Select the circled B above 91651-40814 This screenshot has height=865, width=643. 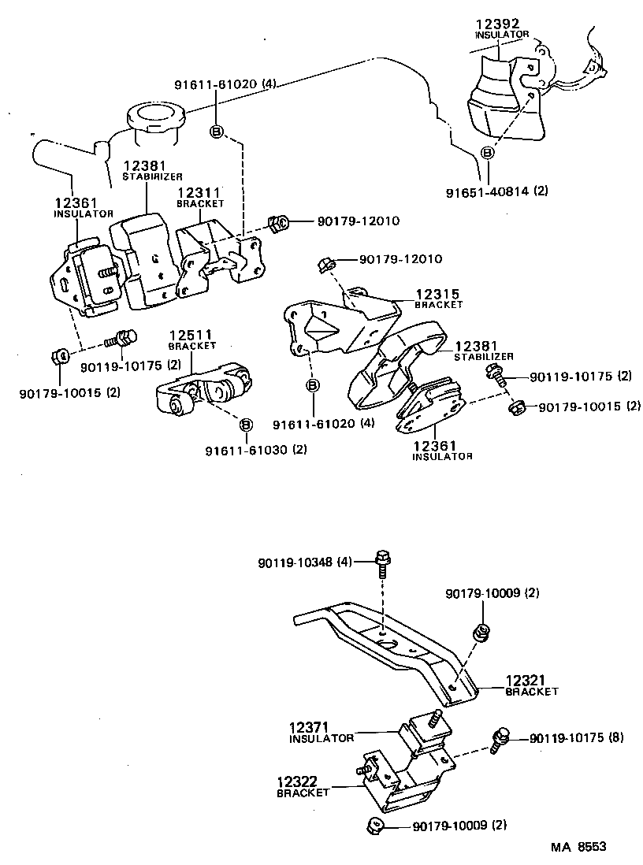[x=488, y=153]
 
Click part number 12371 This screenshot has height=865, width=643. [x=310, y=728]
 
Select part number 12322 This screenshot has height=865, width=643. [x=297, y=782]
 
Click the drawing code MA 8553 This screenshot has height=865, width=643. [x=578, y=847]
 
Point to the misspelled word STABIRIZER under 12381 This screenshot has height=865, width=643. [x=152, y=177]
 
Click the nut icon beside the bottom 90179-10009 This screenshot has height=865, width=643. [x=375, y=826]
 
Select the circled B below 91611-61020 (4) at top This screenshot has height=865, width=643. [x=217, y=132]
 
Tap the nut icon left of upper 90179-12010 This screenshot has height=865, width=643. [x=277, y=224]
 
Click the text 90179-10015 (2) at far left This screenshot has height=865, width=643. [x=69, y=392]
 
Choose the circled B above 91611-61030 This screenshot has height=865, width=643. [x=246, y=425]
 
